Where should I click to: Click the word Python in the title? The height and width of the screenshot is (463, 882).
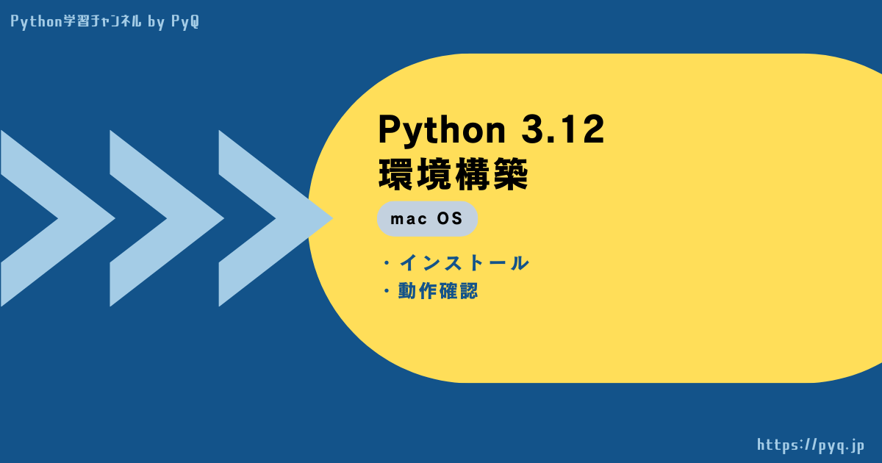click(x=442, y=131)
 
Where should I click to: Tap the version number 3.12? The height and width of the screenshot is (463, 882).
click(x=563, y=129)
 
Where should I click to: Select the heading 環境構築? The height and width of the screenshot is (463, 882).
click(x=453, y=174)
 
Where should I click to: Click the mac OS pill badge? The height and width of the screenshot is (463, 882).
click(x=427, y=219)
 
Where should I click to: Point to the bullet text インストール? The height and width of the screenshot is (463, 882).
click(x=464, y=263)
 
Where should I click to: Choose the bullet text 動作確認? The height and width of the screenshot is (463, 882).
click(x=438, y=291)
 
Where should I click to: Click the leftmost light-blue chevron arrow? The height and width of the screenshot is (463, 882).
click(x=58, y=218)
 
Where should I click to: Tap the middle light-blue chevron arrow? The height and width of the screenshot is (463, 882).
click(x=167, y=218)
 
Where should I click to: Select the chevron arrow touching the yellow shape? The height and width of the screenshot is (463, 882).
click(x=276, y=218)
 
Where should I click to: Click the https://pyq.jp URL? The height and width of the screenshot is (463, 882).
click(x=810, y=445)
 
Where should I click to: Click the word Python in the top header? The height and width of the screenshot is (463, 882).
click(x=36, y=21)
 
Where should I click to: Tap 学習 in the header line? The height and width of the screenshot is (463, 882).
click(x=76, y=21)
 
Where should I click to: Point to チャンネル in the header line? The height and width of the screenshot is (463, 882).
click(x=115, y=21)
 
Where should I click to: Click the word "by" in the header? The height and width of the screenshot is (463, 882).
click(x=156, y=22)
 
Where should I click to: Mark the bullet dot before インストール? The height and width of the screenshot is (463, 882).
click(x=387, y=263)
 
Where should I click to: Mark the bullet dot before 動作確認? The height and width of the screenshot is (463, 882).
click(x=387, y=291)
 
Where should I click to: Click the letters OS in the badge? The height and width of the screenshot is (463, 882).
click(x=450, y=218)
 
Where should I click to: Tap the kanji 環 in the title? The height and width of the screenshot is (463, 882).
click(x=395, y=174)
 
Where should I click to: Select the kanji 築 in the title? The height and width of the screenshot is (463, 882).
click(x=510, y=174)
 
